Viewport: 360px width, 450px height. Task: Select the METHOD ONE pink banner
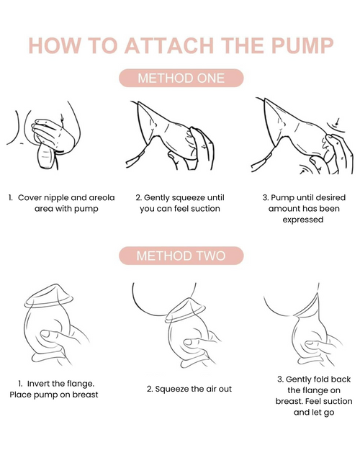pos(180,78)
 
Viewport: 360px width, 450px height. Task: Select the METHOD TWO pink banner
pos(180,256)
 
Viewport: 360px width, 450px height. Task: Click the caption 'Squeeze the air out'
pos(189,389)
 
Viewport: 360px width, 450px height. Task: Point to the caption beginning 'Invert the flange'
pos(54,389)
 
